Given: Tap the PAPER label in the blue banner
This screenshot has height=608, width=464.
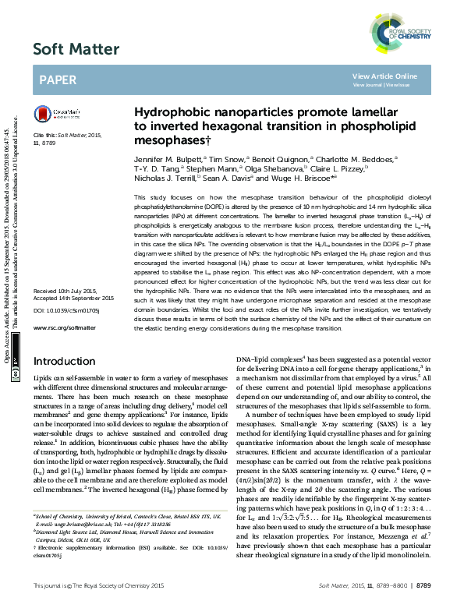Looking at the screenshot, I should coord(58,80).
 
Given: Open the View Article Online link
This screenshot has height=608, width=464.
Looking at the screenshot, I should coord(384,76).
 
